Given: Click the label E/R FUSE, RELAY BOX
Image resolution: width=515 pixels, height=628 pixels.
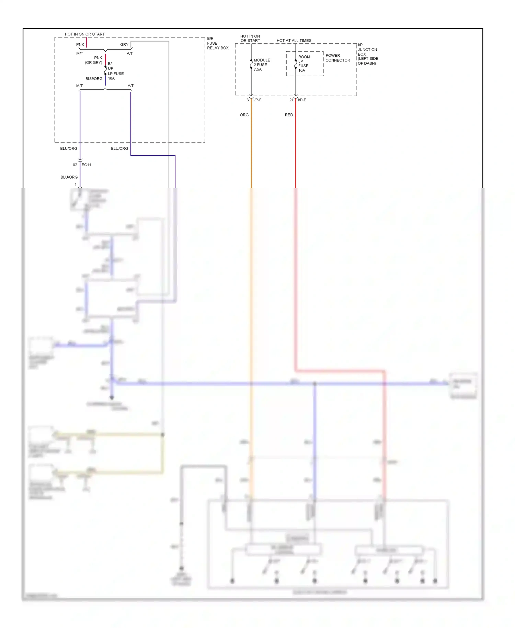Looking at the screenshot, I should pos(217,43).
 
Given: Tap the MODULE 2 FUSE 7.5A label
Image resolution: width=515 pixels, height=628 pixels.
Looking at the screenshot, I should pos(262,65).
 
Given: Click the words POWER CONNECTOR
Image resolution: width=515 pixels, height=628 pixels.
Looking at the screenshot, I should pos(337,58).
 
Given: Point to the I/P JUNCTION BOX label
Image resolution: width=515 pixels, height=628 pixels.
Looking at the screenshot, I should pos(368,54).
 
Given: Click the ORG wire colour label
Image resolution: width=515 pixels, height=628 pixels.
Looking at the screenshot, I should pos(244,115).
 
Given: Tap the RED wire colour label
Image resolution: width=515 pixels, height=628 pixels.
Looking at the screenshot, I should pos(289,115).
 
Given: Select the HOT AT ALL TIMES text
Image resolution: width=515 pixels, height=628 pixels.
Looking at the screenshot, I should pos(294,41).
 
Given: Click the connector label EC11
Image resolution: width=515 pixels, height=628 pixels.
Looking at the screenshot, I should pos(87,165).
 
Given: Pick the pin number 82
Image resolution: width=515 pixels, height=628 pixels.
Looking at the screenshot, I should pos(75,165).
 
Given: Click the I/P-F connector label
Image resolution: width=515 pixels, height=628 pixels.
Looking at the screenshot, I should pos(257,100).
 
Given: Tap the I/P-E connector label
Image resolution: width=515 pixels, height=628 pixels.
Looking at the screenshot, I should pos(302,100).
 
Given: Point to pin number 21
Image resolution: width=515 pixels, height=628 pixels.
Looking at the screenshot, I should pos(291,100).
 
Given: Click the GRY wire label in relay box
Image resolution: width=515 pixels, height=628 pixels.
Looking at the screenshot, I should pos(124,45).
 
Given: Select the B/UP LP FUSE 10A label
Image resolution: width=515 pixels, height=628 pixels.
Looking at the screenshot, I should pos(115,71).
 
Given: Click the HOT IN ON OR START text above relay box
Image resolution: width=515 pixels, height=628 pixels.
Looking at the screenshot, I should pos(85,34).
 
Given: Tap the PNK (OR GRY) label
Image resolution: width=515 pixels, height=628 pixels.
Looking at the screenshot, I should pos(94,60).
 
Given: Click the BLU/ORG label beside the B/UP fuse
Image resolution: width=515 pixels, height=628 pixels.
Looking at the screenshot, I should pos(94,79).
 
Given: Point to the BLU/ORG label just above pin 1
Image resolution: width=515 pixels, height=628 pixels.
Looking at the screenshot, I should pos(69,177).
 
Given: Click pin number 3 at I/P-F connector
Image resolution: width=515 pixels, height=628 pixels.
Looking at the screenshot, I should pos(248,100).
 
